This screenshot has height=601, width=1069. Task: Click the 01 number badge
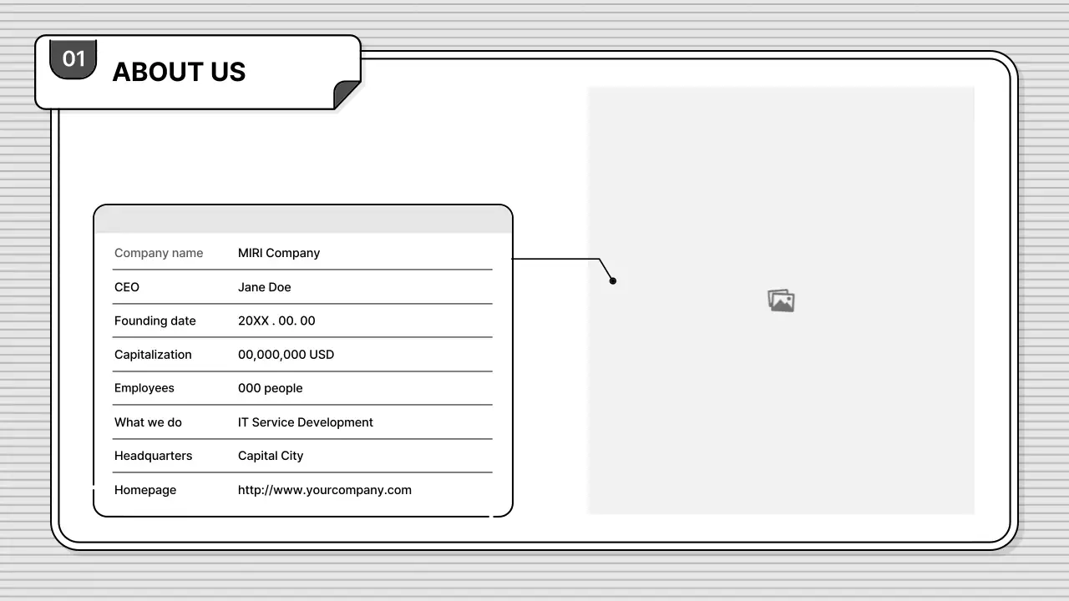tap(73, 58)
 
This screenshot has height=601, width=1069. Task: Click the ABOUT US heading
tap(179, 72)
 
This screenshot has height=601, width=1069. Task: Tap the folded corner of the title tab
tap(346, 94)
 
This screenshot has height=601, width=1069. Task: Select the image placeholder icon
tap(781, 300)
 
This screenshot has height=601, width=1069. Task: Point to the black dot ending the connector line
tap(613, 281)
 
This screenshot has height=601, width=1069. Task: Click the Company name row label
tap(159, 253)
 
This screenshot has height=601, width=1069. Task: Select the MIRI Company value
tap(279, 253)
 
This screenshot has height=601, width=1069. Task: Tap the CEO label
tap(127, 287)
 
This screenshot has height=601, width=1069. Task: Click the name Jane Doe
tap(265, 287)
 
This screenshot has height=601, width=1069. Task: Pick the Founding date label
tap(155, 321)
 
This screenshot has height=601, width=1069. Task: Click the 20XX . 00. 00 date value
tap(276, 321)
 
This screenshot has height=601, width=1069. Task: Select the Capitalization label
tap(153, 355)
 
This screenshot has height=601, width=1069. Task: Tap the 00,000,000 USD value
tap(286, 355)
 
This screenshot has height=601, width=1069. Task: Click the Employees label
tap(144, 388)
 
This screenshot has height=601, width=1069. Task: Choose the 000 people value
tap(271, 388)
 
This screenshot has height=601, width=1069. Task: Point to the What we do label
tap(148, 422)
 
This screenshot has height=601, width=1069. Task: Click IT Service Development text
tap(306, 422)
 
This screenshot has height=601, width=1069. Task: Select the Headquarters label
tap(154, 456)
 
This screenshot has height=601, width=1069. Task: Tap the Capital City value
tap(271, 456)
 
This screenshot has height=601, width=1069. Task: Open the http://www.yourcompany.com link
tap(325, 490)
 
